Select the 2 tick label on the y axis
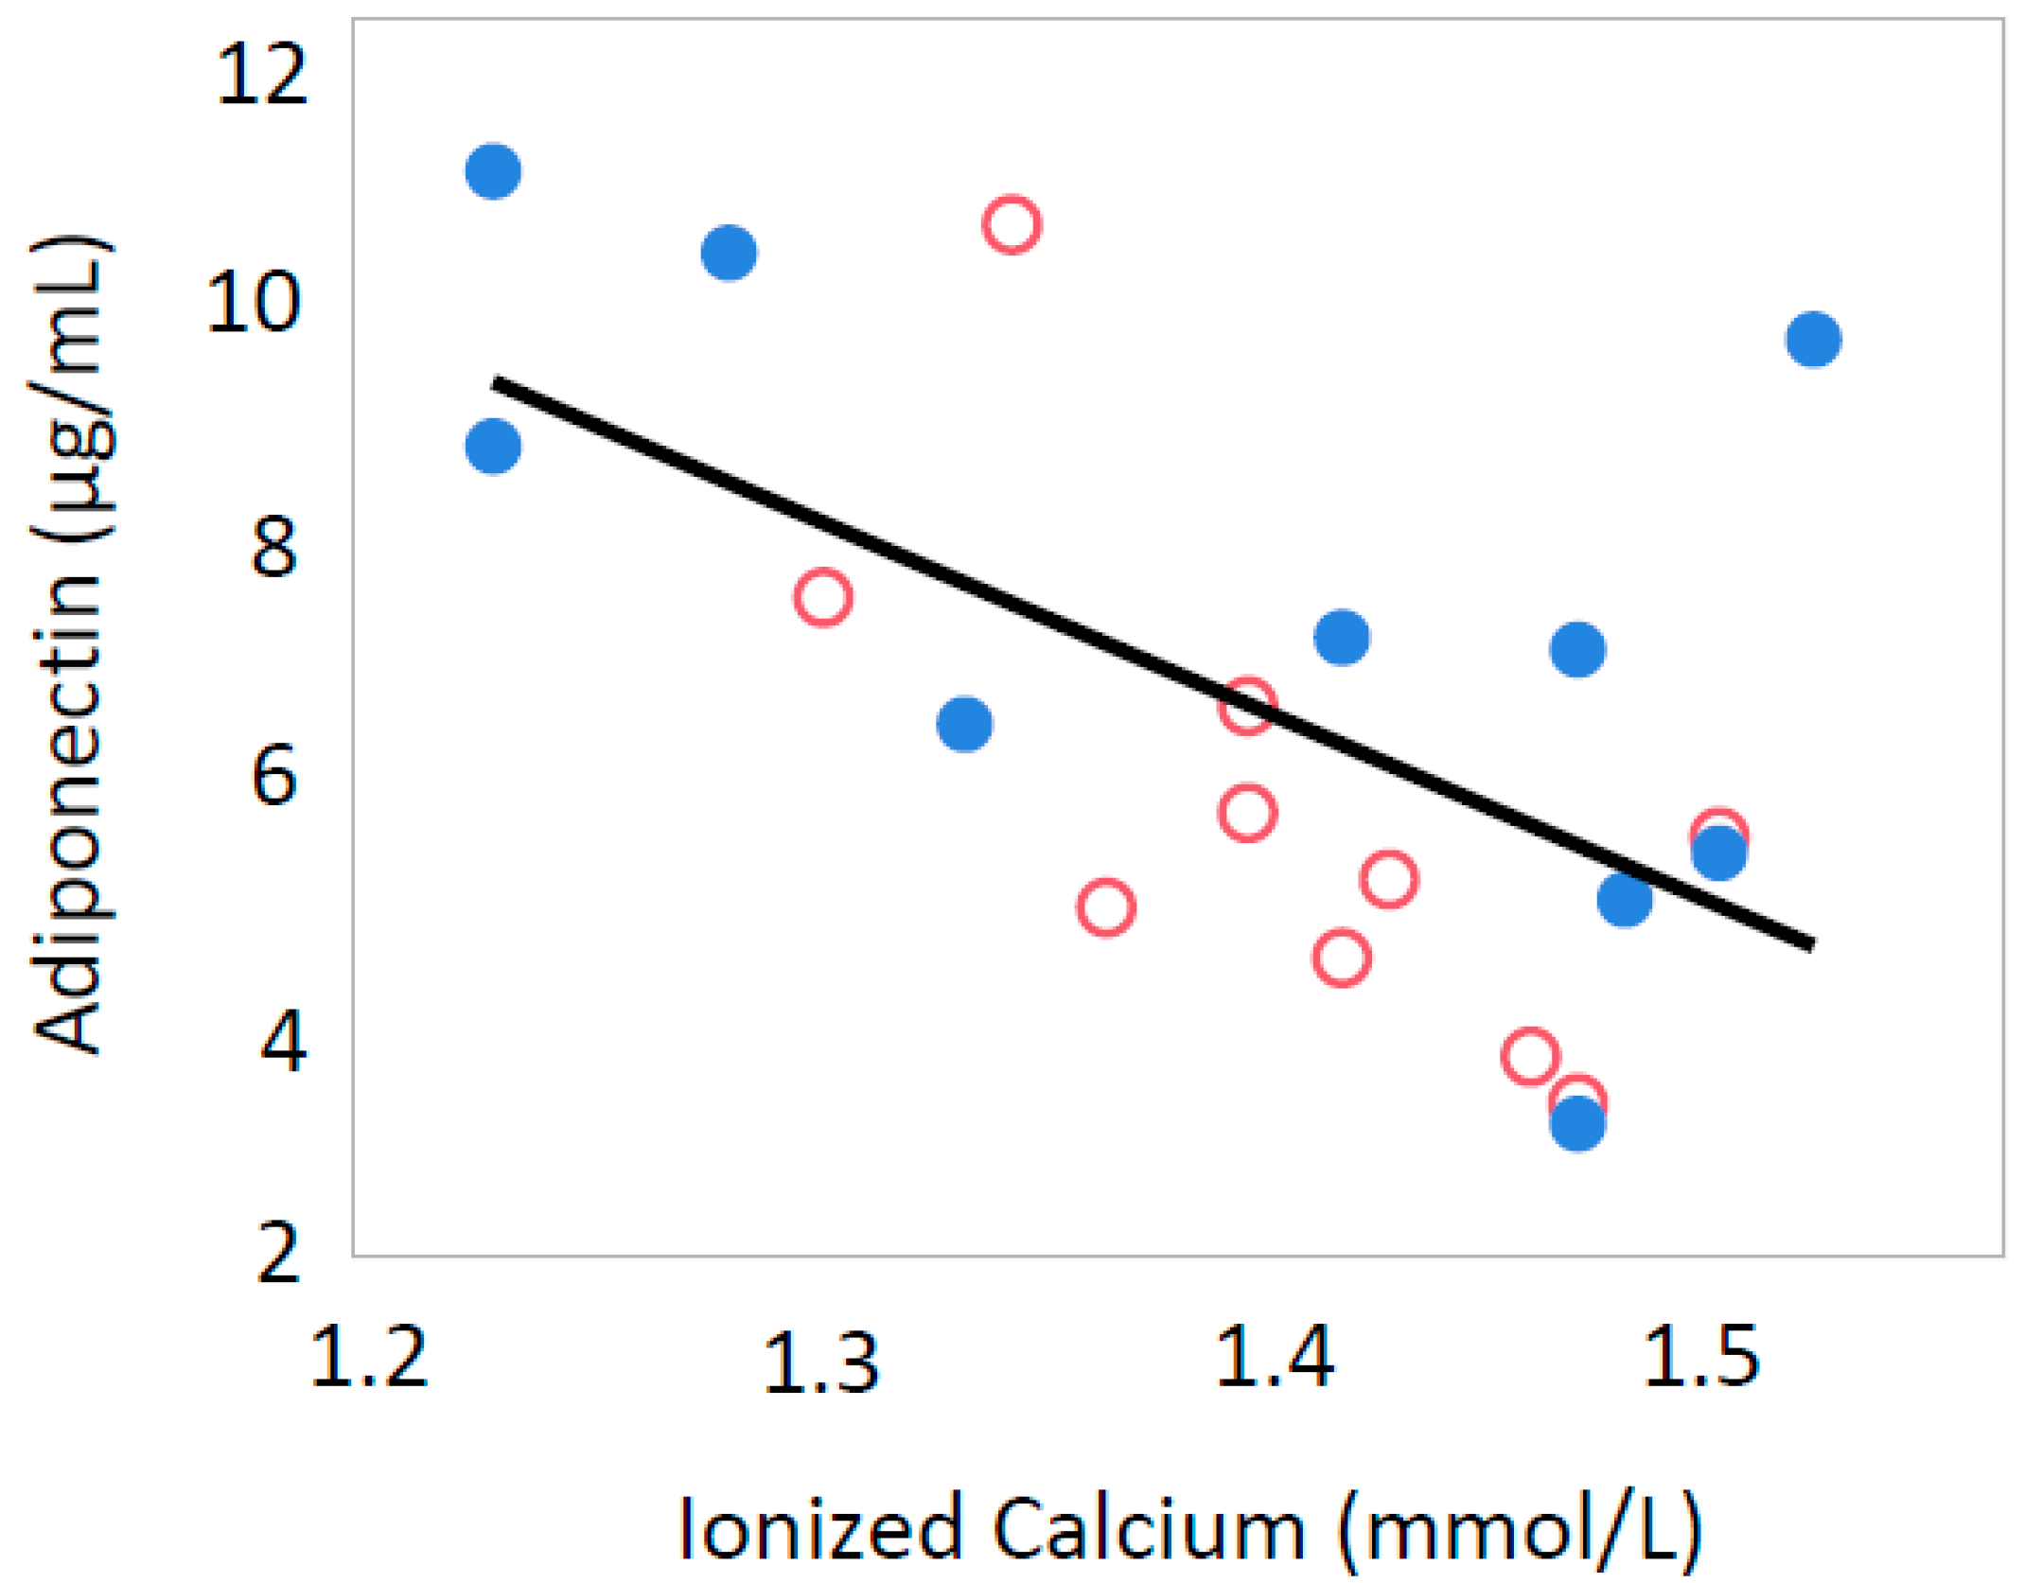[278, 1253]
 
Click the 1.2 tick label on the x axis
[369, 1357]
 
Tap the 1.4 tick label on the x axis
[1274, 1357]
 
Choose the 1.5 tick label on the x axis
[1700, 1357]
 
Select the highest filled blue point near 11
[493, 171]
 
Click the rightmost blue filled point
[1813, 339]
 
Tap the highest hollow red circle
[1012, 225]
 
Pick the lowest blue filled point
[1576, 1124]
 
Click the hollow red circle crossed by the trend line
[1247, 705]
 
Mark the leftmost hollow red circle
[822, 597]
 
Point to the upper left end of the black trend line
[496, 382]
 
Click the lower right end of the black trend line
[1811, 944]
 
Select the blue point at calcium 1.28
[729, 253]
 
